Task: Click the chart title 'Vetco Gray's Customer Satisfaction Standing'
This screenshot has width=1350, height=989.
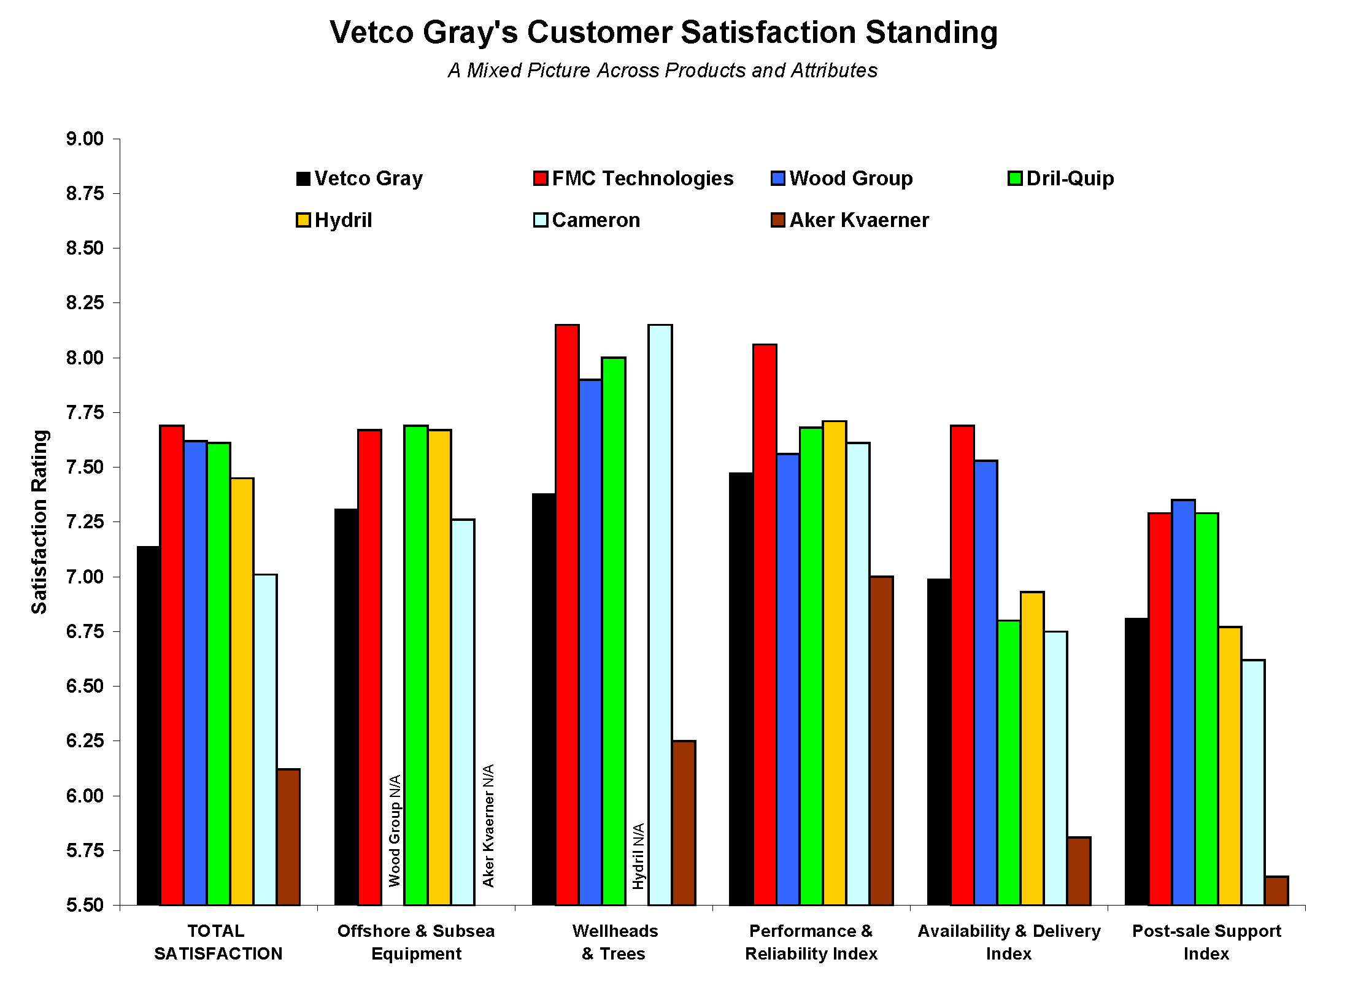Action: [x=663, y=33]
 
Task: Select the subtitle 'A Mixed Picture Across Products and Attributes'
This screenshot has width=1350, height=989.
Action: [x=663, y=71]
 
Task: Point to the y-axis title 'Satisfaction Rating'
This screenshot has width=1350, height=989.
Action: [x=40, y=521]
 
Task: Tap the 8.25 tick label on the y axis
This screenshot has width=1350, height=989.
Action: [x=85, y=303]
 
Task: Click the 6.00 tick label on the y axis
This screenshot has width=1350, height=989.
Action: [x=85, y=796]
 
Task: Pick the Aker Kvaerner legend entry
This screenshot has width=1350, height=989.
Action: [x=850, y=220]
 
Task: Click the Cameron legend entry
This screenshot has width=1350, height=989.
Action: [x=587, y=220]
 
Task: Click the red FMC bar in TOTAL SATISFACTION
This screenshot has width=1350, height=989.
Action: [x=172, y=665]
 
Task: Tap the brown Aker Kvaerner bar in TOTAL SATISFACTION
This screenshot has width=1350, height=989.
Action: [x=288, y=837]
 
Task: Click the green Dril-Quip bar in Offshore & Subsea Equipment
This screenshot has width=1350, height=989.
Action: [x=416, y=665]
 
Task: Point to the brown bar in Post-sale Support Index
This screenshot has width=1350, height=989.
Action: [x=1277, y=891]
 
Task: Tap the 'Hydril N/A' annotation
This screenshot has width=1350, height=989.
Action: [x=638, y=856]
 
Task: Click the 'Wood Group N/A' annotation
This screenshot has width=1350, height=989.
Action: [x=395, y=831]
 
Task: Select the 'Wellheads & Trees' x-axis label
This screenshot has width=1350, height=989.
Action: [x=614, y=942]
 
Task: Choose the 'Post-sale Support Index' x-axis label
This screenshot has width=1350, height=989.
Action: [x=1206, y=942]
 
